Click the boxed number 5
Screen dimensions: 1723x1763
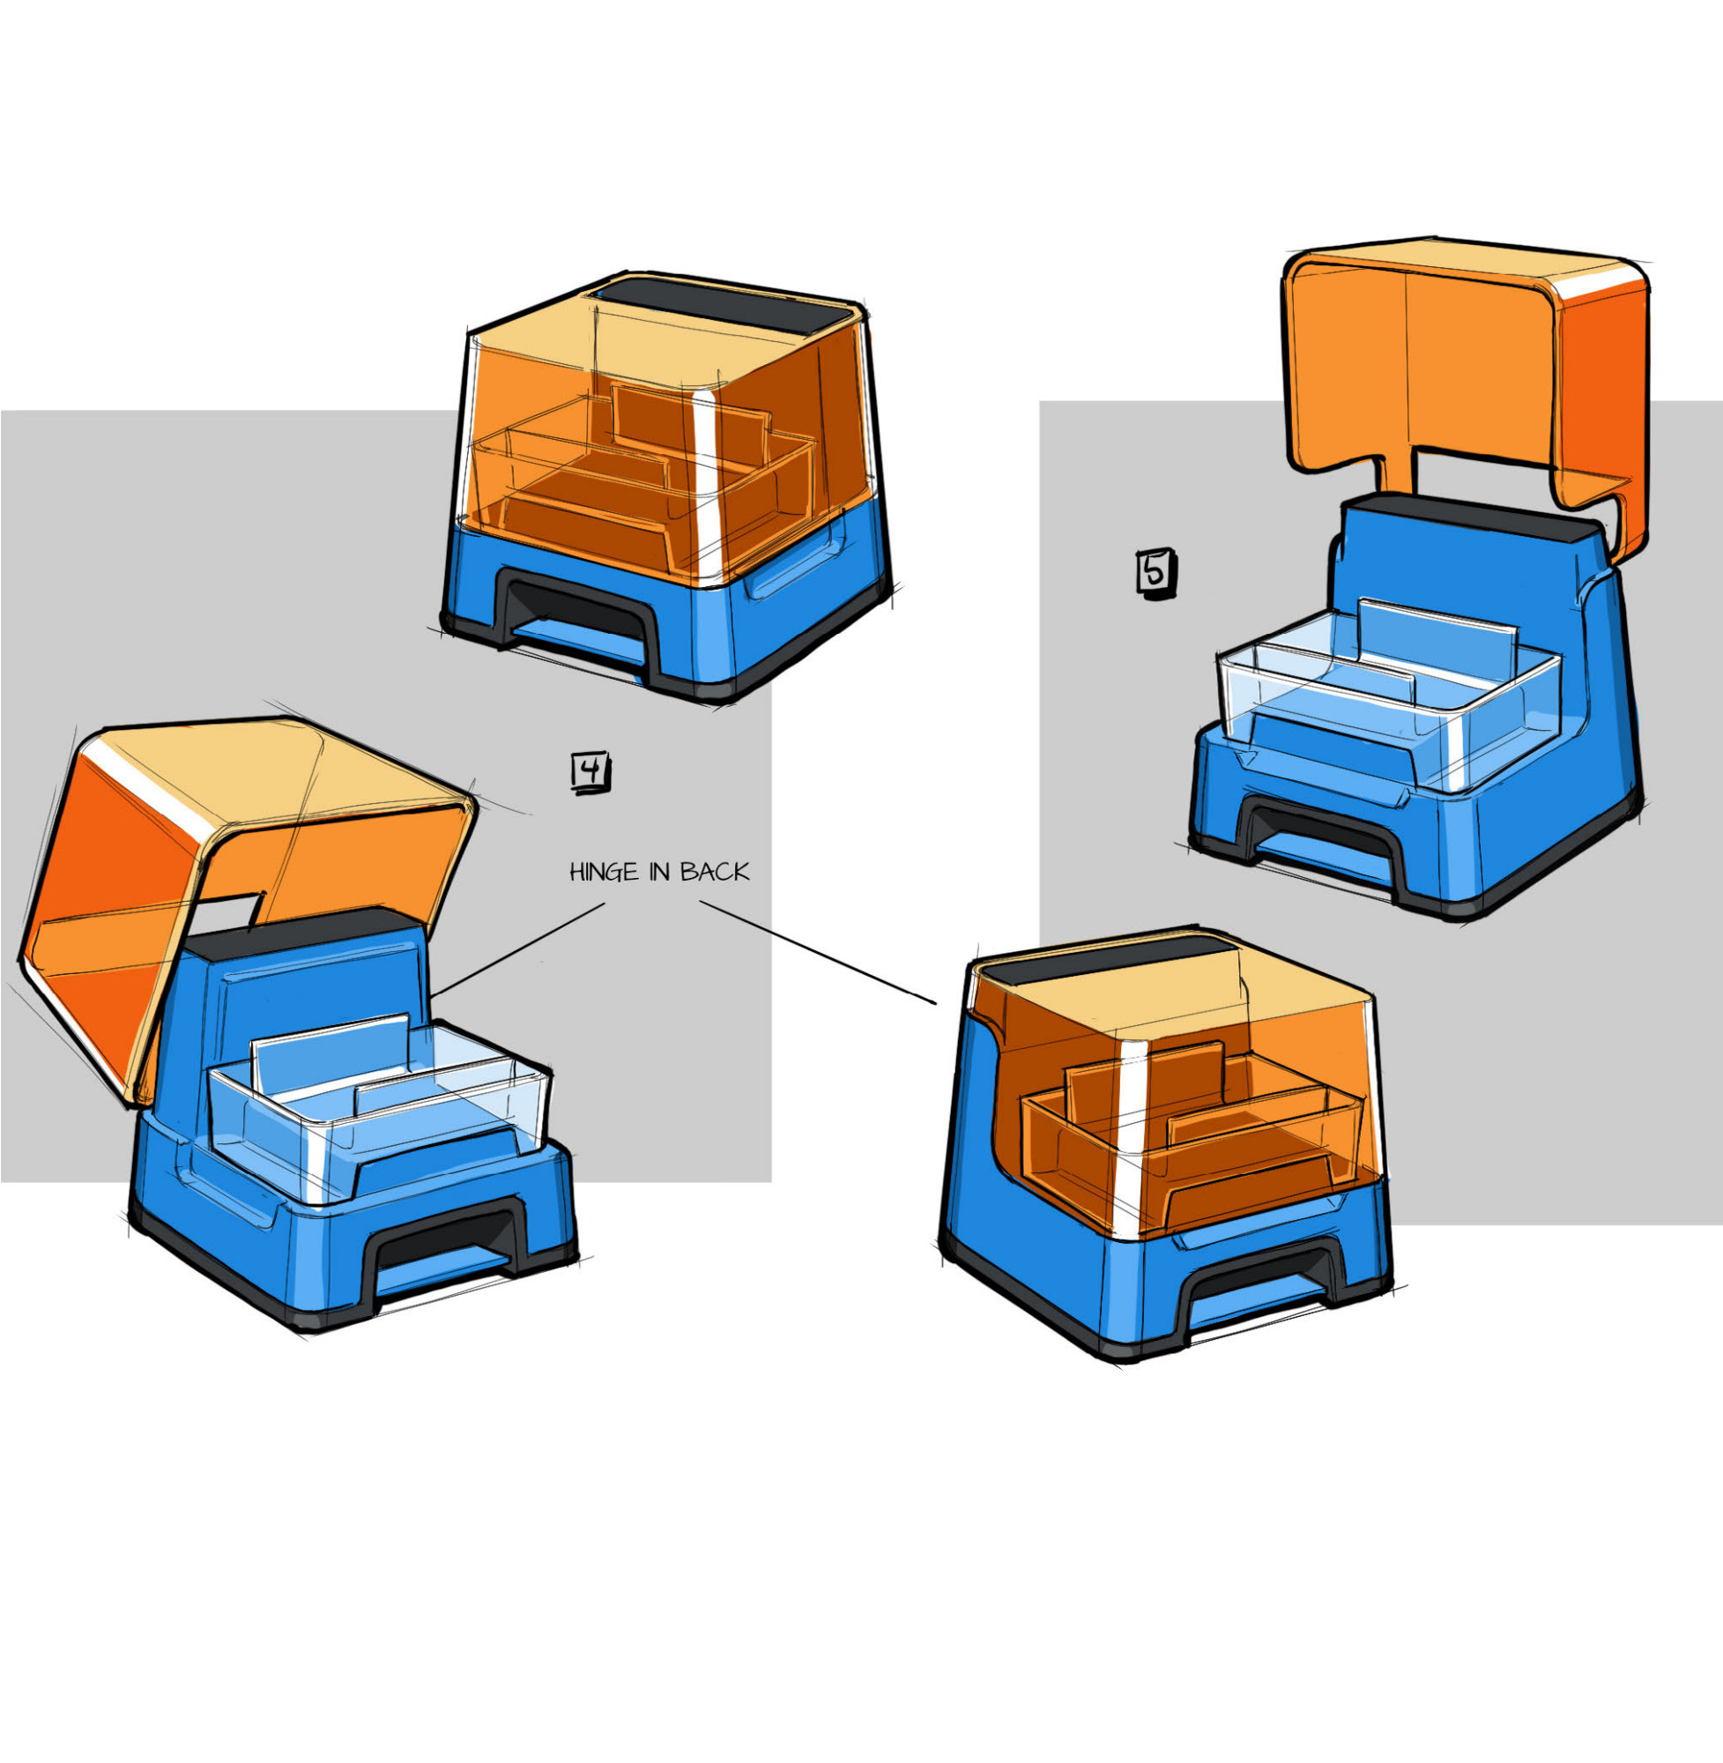tap(1155, 573)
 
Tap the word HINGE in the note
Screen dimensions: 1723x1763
tap(604, 872)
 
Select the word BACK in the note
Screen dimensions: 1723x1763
tap(715, 872)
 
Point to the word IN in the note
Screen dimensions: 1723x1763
tap(660, 872)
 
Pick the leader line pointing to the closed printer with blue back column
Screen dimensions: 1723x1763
tap(817, 952)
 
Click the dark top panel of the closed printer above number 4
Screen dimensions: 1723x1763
tap(724, 305)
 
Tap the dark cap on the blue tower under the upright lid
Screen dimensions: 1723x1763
tap(1471, 517)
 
